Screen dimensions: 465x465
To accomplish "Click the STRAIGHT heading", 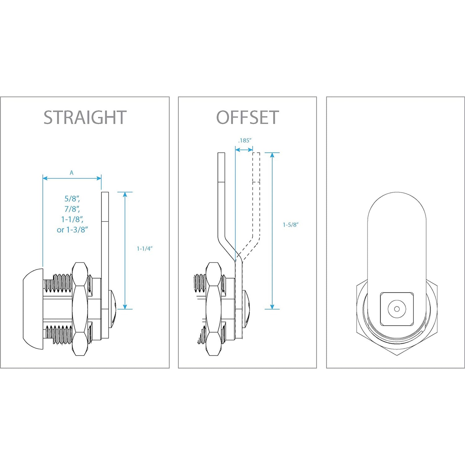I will tap(85, 117).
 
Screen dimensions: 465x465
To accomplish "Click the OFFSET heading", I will tap(247, 117).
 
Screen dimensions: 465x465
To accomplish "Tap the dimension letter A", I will tap(71, 173).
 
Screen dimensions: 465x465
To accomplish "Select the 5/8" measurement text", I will tap(72, 199).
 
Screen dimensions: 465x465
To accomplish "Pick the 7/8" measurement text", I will tap(72, 209).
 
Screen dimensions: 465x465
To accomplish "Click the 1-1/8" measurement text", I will tap(72, 219).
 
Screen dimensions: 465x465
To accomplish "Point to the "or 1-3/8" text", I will tap(72, 230).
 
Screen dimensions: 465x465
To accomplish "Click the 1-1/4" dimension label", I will tap(144, 249).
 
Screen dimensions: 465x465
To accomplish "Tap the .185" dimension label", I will tap(244, 141).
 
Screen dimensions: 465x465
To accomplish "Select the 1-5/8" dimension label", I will tap(291, 225).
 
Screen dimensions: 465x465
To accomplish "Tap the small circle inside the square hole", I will tap(397, 309).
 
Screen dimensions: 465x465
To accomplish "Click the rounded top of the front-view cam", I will tap(397, 203).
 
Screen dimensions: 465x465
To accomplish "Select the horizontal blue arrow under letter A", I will tap(72, 178).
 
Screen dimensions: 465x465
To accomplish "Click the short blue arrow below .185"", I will tap(244, 150).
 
